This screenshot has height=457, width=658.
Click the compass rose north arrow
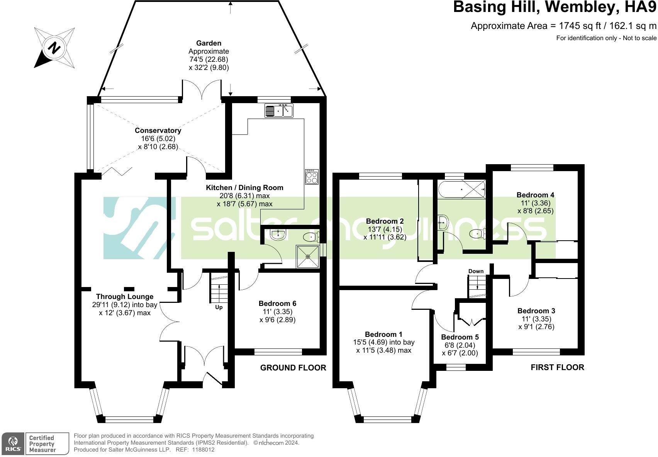coord(54,48)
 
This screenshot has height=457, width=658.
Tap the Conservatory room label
coord(158,131)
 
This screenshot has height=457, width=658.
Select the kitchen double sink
coord(279,110)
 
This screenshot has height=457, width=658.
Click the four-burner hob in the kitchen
coord(312,177)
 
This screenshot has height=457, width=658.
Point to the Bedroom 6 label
coord(277,304)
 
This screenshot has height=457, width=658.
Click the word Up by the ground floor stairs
coord(219,307)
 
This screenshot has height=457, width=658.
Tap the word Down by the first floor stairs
coord(476,271)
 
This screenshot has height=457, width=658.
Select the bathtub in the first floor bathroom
coord(461,189)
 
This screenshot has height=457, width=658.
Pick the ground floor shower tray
coord(308,257)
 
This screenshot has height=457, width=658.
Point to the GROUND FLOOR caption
coord(293,368)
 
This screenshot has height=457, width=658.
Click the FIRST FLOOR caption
coord(557,367)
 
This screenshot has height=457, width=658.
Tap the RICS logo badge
coord(13,444)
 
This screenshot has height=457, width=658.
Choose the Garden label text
coord(209,43)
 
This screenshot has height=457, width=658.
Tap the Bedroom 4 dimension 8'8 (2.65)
coord(536,211)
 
